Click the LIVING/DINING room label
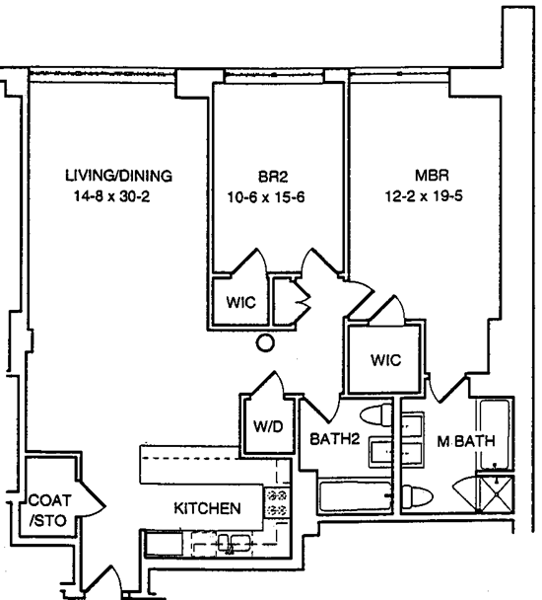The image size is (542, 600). coord(118,176)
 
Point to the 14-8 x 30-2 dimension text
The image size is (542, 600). coord(111,196)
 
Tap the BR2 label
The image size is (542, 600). coord(273,177)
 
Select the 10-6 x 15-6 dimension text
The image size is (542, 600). coord(266,197)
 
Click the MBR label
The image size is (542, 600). coord(432,176)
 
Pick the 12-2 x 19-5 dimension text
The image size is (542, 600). coord(424,196)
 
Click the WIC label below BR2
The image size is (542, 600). coord(240,302)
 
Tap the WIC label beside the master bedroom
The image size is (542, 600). coord(386,359)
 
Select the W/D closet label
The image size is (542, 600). coord(268,426)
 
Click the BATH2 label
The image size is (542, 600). coord(335,439)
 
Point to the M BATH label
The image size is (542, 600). coord(466,441)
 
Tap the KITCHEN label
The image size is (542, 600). coord(208,508)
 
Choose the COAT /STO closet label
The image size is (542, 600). coord(49,510)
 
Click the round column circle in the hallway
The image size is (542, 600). coord(265,342)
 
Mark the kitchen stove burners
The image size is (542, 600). coord(276,503)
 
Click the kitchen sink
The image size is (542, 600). coord(234,544)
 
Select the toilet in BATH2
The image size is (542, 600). coord(376,415)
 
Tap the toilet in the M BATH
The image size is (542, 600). coord(417,496)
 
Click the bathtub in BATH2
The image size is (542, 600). coord(355,496)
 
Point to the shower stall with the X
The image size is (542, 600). coord(496,494)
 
